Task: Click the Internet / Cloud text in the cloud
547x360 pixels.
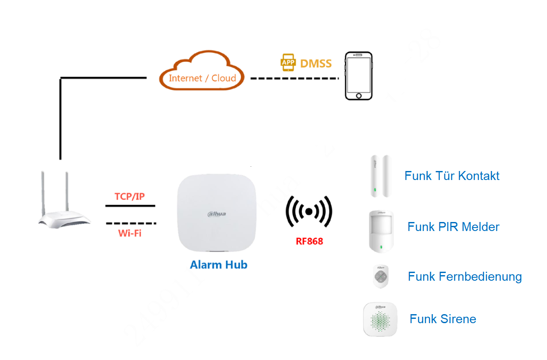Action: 202,78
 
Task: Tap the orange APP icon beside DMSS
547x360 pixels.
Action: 288,63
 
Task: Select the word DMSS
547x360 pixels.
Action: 316,63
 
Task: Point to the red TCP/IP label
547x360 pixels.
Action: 129,196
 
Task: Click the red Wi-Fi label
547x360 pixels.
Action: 129,234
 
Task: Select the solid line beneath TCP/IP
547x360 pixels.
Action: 130,206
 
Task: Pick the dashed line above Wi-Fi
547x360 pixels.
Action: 131,223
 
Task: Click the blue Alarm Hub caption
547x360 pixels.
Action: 219,264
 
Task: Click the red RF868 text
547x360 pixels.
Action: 309,241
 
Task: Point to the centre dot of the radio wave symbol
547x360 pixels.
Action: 309,211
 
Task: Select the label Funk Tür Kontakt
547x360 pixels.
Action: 452,176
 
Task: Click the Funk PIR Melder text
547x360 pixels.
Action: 453,227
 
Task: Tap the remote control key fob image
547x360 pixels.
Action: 380,276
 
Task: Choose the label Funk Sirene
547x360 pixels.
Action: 443,319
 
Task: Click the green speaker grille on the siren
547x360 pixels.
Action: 380,323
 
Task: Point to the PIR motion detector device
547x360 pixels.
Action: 381,230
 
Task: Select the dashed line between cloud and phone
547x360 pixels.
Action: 295,78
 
